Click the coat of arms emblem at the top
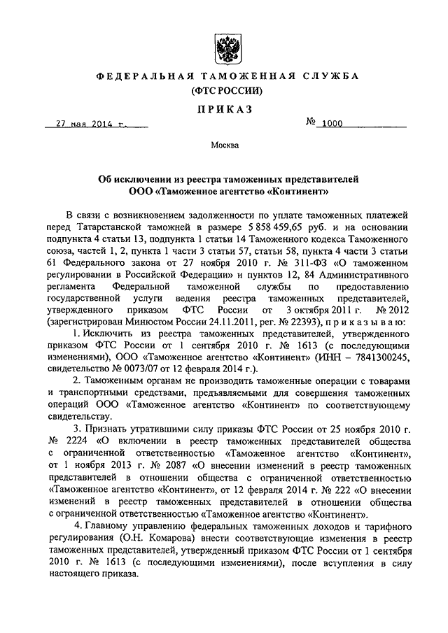tap(224, 45)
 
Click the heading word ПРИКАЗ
tap(223, 109)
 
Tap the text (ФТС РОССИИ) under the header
tap(223, 90)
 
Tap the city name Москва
tap(224, 145)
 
